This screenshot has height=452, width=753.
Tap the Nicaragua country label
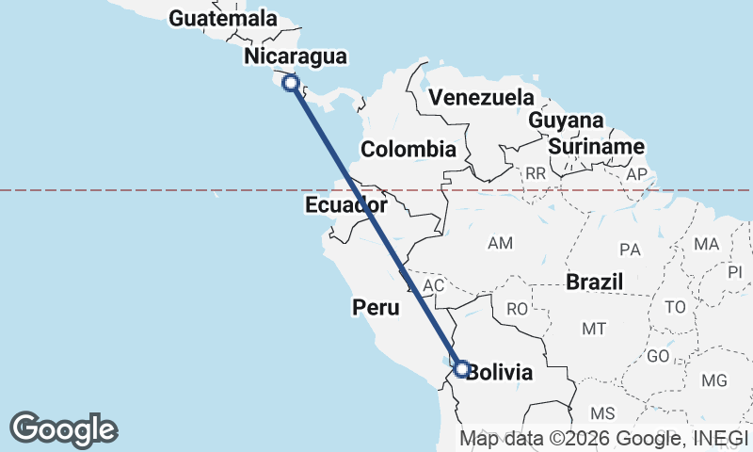(295, 56)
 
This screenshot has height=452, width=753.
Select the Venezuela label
(480, 98)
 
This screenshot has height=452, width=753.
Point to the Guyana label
(566, 121)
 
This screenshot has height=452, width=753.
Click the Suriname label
(597, 147)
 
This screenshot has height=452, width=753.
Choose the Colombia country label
(409, 149)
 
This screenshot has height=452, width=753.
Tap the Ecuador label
(345, 205)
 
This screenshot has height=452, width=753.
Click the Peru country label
(376, 307)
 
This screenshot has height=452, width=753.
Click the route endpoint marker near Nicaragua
(291, 83)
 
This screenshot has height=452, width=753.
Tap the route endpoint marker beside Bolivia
(461, 368)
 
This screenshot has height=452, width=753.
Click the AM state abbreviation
(500, 244)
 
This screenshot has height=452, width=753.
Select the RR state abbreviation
(536, 173)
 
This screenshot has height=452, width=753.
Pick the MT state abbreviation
(593, 329)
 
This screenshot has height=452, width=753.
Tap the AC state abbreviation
(434, 284)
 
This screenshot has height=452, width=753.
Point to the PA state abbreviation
(630, 250)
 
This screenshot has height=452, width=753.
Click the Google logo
(64, 429)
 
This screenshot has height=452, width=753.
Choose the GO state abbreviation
(659, 357)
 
